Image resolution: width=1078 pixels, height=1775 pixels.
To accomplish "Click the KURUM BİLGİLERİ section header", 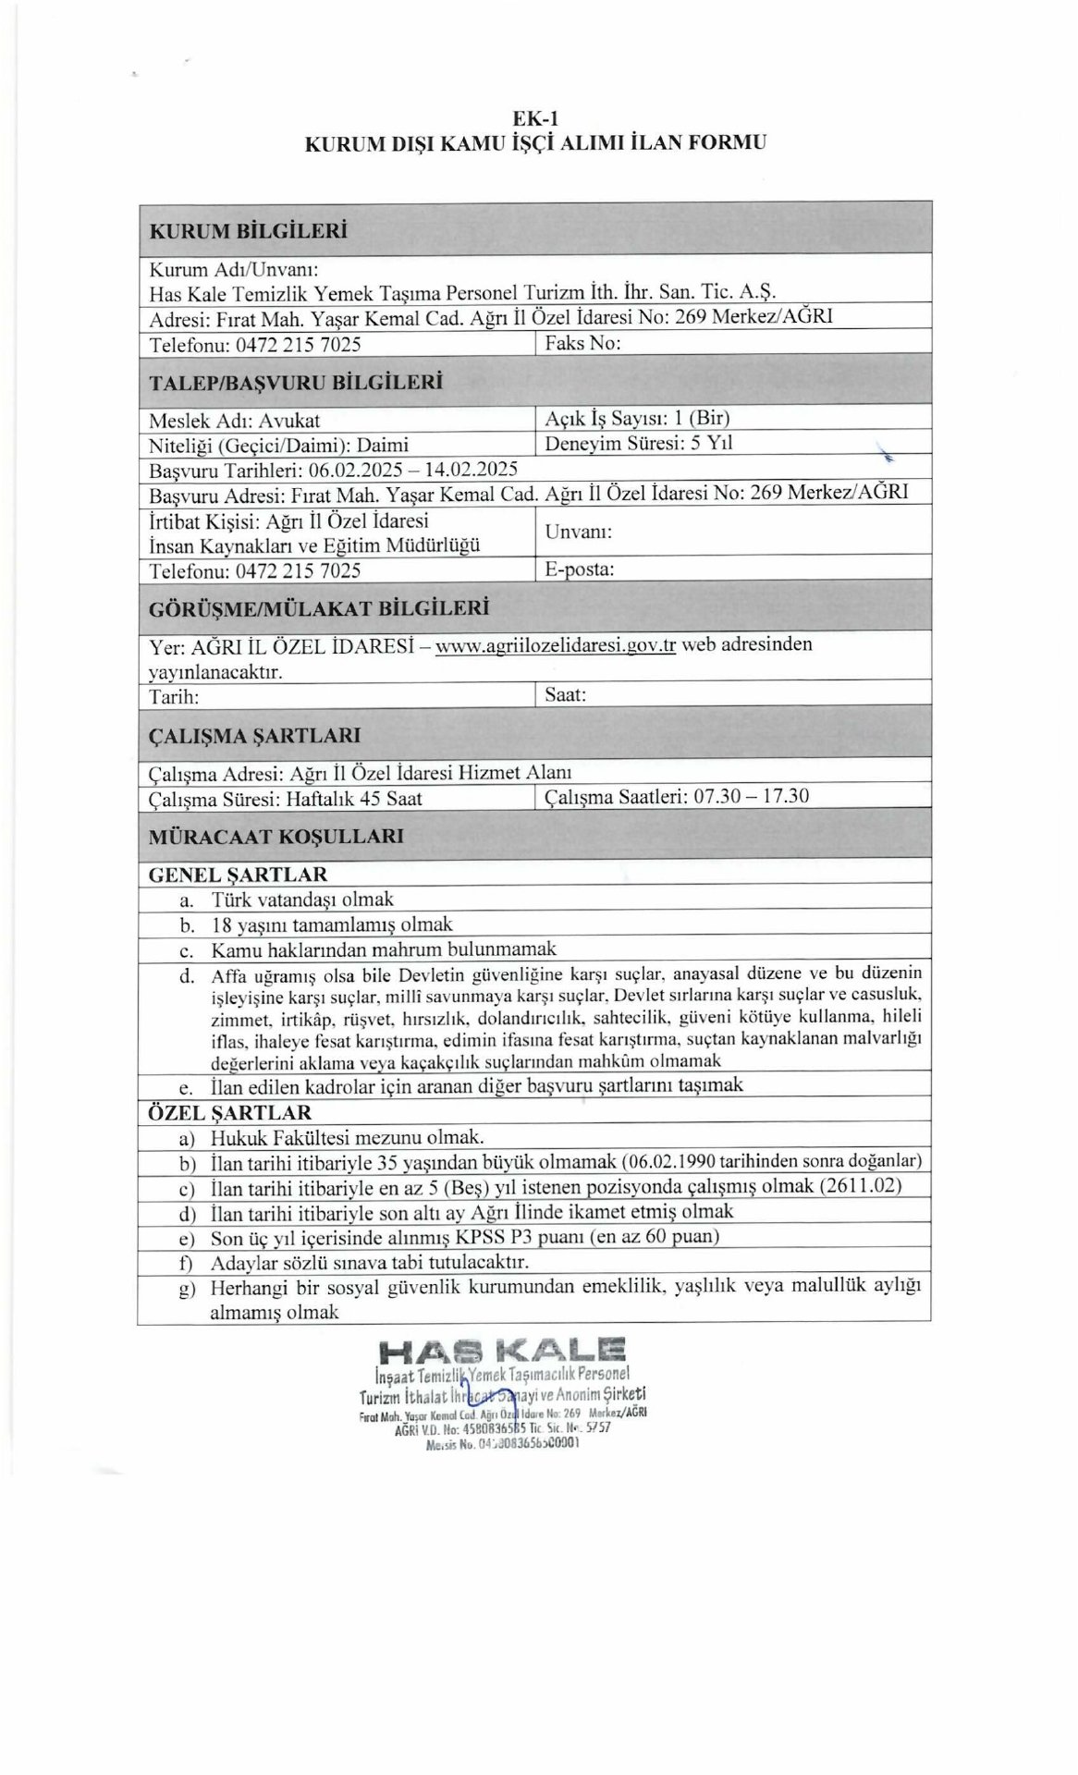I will [x=248, y=230].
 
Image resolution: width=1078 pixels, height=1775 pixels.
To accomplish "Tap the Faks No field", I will [x=582, y=343].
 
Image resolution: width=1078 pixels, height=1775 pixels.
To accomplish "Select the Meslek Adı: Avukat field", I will [x=235, y=419].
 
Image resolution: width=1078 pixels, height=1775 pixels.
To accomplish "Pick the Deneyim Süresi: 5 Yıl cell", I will [x=639, y=443].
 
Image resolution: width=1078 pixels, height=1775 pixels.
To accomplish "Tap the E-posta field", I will [x=580, y=569].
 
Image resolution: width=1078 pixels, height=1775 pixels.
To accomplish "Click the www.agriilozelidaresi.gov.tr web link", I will [x=555, y=645].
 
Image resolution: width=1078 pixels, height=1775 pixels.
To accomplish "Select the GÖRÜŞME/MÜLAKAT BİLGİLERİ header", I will [x=318, y=608].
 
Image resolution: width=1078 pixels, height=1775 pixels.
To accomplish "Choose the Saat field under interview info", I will [x=565, y=694].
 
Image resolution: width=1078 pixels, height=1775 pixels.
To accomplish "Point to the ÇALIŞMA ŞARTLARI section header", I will [x=254, y=737].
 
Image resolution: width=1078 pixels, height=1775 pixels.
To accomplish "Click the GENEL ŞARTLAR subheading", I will [x=238, y=874].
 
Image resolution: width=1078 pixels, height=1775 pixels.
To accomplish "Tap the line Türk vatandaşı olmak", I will [x=302, y=899].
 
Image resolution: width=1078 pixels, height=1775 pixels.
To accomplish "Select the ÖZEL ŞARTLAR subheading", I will [x=230, y=1112].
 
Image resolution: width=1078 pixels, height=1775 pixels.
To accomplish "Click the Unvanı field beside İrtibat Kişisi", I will [x=579, y=532].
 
